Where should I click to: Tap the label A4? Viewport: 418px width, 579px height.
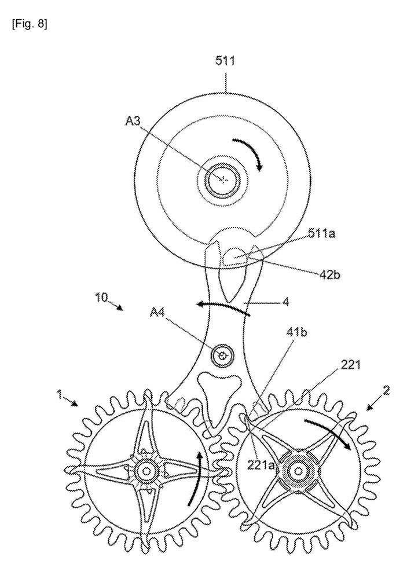click(x=158, y=313)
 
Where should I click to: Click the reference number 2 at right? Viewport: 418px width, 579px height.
click(x=386, y=389)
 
